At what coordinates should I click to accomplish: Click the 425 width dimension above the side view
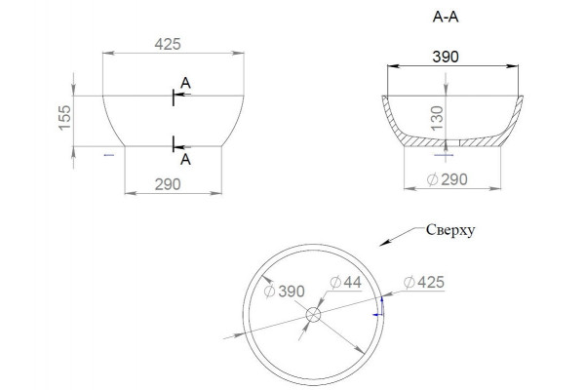(168, 44)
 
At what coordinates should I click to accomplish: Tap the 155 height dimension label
(65, 118)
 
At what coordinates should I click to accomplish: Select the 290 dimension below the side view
(168, 184)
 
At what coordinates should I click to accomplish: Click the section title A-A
(446, 17)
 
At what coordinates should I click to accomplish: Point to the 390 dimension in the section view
(446, 57)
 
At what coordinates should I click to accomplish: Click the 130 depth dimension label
(437, 118)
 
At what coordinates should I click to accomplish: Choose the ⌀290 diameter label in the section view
(447, 179)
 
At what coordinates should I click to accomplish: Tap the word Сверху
(450, 230)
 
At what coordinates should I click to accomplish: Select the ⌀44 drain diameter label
(346, 282)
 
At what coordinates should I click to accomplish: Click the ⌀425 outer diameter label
(424, 282)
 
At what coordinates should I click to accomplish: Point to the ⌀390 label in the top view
(285, 292)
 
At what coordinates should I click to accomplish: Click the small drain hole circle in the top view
(313, 315)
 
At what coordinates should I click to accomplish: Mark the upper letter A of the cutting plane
(185, 83)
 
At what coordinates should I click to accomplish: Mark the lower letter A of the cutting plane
(185, 159)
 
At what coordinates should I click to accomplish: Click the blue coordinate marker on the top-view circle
(378, 308)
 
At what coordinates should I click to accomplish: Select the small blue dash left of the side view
(109, 154)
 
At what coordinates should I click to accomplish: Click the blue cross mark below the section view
(445, 155)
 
